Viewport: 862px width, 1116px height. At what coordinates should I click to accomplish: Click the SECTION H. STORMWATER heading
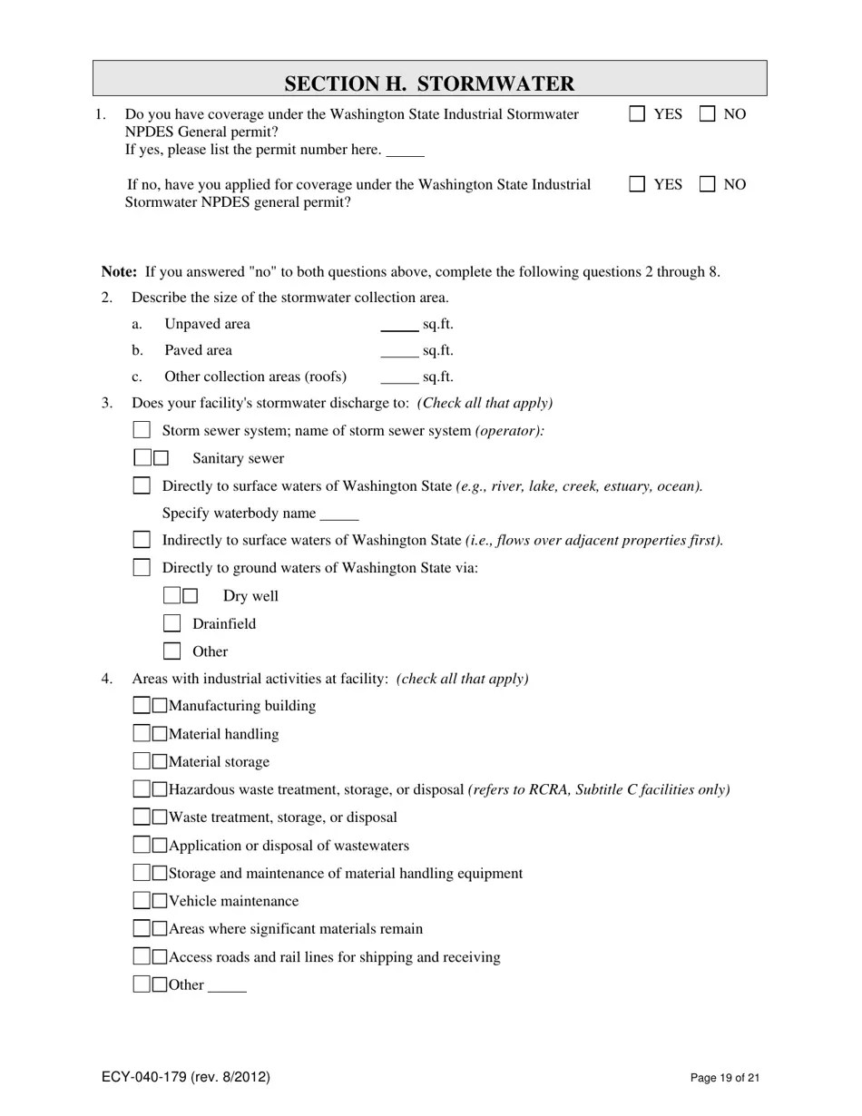(x=429, y=83)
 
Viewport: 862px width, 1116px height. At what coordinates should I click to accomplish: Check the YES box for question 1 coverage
(x=637, y=113)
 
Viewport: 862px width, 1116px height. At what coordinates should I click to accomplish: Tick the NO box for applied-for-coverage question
(x=708, y=184)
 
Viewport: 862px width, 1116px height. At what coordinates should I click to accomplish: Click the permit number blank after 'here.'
(x=405, y=151)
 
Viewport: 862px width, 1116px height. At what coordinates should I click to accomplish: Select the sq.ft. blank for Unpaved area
(x=399, y=326)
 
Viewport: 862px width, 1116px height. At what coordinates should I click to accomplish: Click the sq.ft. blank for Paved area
(x=399, y=352)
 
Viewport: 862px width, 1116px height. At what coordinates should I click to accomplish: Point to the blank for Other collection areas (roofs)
(x=399, y=378)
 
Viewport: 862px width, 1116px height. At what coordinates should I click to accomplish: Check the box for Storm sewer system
(x=142, y=430)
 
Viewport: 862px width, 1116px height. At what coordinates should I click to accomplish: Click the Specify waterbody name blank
(x=339, y=514)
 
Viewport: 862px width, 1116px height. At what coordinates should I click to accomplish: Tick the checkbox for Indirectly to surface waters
(x=142, y=540)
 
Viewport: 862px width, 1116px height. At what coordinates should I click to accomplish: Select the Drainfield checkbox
(x=171, y=623)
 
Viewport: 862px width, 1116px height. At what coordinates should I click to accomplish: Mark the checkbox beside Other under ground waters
(x=171, y=651)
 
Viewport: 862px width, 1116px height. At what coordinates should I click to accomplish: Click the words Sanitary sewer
(x=238, y=459)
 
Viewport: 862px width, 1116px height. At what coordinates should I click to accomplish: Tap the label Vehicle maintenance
(x=233, y=901)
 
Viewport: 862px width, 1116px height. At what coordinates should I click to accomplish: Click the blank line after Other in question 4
(x=227, y=986)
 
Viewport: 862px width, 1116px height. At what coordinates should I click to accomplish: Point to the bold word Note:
(x=119, y=271)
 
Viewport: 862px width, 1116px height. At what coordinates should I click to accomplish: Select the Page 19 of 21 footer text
(x=724, y=1078)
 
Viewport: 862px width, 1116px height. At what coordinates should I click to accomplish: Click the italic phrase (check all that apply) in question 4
(x=462, y=679)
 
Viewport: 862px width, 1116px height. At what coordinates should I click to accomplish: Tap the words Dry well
(x=250, y=596)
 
